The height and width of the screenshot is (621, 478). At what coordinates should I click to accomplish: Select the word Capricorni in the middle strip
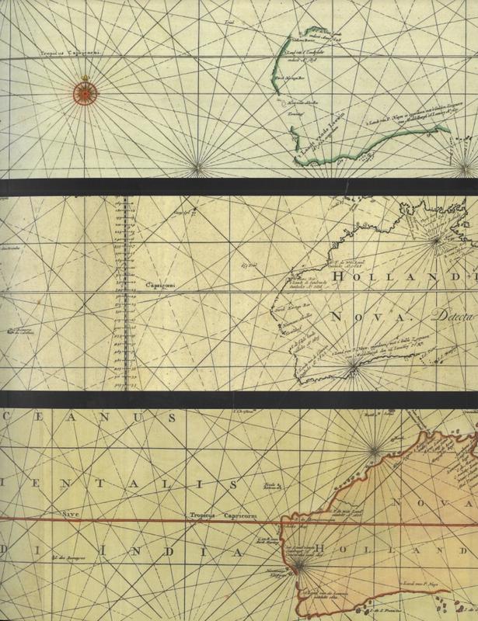161,285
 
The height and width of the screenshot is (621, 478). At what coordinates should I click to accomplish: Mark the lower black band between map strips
239,396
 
